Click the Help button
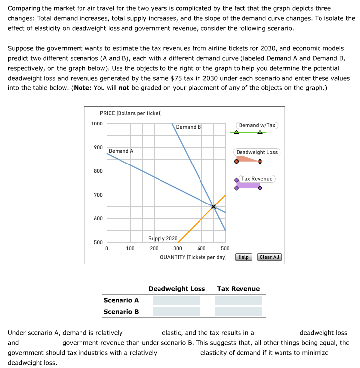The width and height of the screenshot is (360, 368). point(244,257)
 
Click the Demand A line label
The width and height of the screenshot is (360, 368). point(121,151)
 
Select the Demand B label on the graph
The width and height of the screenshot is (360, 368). point(189,127)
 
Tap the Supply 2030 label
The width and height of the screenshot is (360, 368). point(163,238)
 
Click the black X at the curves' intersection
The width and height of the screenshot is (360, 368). point(213,207)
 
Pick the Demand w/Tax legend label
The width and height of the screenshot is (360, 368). point(256,125)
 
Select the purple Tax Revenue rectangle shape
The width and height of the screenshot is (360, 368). point(248,185)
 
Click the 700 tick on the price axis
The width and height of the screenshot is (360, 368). point(97,195)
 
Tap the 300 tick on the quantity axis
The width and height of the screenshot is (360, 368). point(178,248)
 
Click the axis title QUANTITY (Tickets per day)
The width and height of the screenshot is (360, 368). point(193,257)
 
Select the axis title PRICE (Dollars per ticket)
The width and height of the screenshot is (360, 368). point(131,113)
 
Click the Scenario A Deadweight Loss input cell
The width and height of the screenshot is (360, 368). point(176,300)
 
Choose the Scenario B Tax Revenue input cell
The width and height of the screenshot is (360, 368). point(238,312)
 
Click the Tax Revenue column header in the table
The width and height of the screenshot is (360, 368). point(238,289)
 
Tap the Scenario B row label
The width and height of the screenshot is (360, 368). point(121,312)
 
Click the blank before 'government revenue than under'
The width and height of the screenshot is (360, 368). point(40,343)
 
